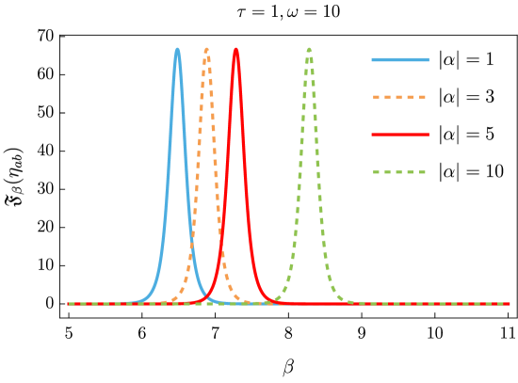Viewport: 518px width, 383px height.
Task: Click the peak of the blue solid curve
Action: coord(177,49)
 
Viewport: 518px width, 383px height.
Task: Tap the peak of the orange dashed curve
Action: coord(207,49)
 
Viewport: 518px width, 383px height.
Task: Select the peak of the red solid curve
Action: coord(235,49)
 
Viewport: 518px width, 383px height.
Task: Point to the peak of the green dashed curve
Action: coord(309,49)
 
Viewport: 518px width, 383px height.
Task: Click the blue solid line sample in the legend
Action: coord(400,60)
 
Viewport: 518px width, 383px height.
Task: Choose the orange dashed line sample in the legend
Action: coord(400,97)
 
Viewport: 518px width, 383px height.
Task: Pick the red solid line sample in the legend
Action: coord(400,135)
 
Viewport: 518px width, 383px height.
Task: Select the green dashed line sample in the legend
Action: coord(400,172)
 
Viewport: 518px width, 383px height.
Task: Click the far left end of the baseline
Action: coord(69,304)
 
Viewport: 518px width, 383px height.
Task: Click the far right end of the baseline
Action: coord(510,304)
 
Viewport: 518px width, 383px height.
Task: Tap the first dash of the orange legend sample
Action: coord(377,97)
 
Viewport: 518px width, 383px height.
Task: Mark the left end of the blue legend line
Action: coord(373,60)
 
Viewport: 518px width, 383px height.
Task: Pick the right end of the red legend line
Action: coord(428,135)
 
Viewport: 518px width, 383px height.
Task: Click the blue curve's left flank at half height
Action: coord(169,176)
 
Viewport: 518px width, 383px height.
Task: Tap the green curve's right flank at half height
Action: coord(318,176)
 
